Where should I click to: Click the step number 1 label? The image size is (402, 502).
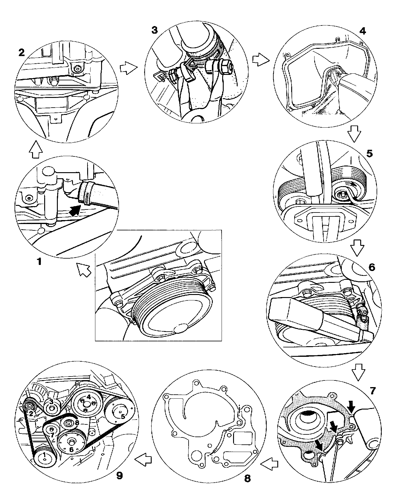(x=38, y=261)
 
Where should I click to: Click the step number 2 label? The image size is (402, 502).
(x=21, y=53)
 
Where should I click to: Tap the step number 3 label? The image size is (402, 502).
(x=154, y=30)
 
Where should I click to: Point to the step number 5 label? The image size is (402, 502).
(x=369, y=153)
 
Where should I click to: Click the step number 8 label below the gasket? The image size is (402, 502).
(x=247, y=478)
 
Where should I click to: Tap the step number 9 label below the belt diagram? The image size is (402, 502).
(x=120, y=475)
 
